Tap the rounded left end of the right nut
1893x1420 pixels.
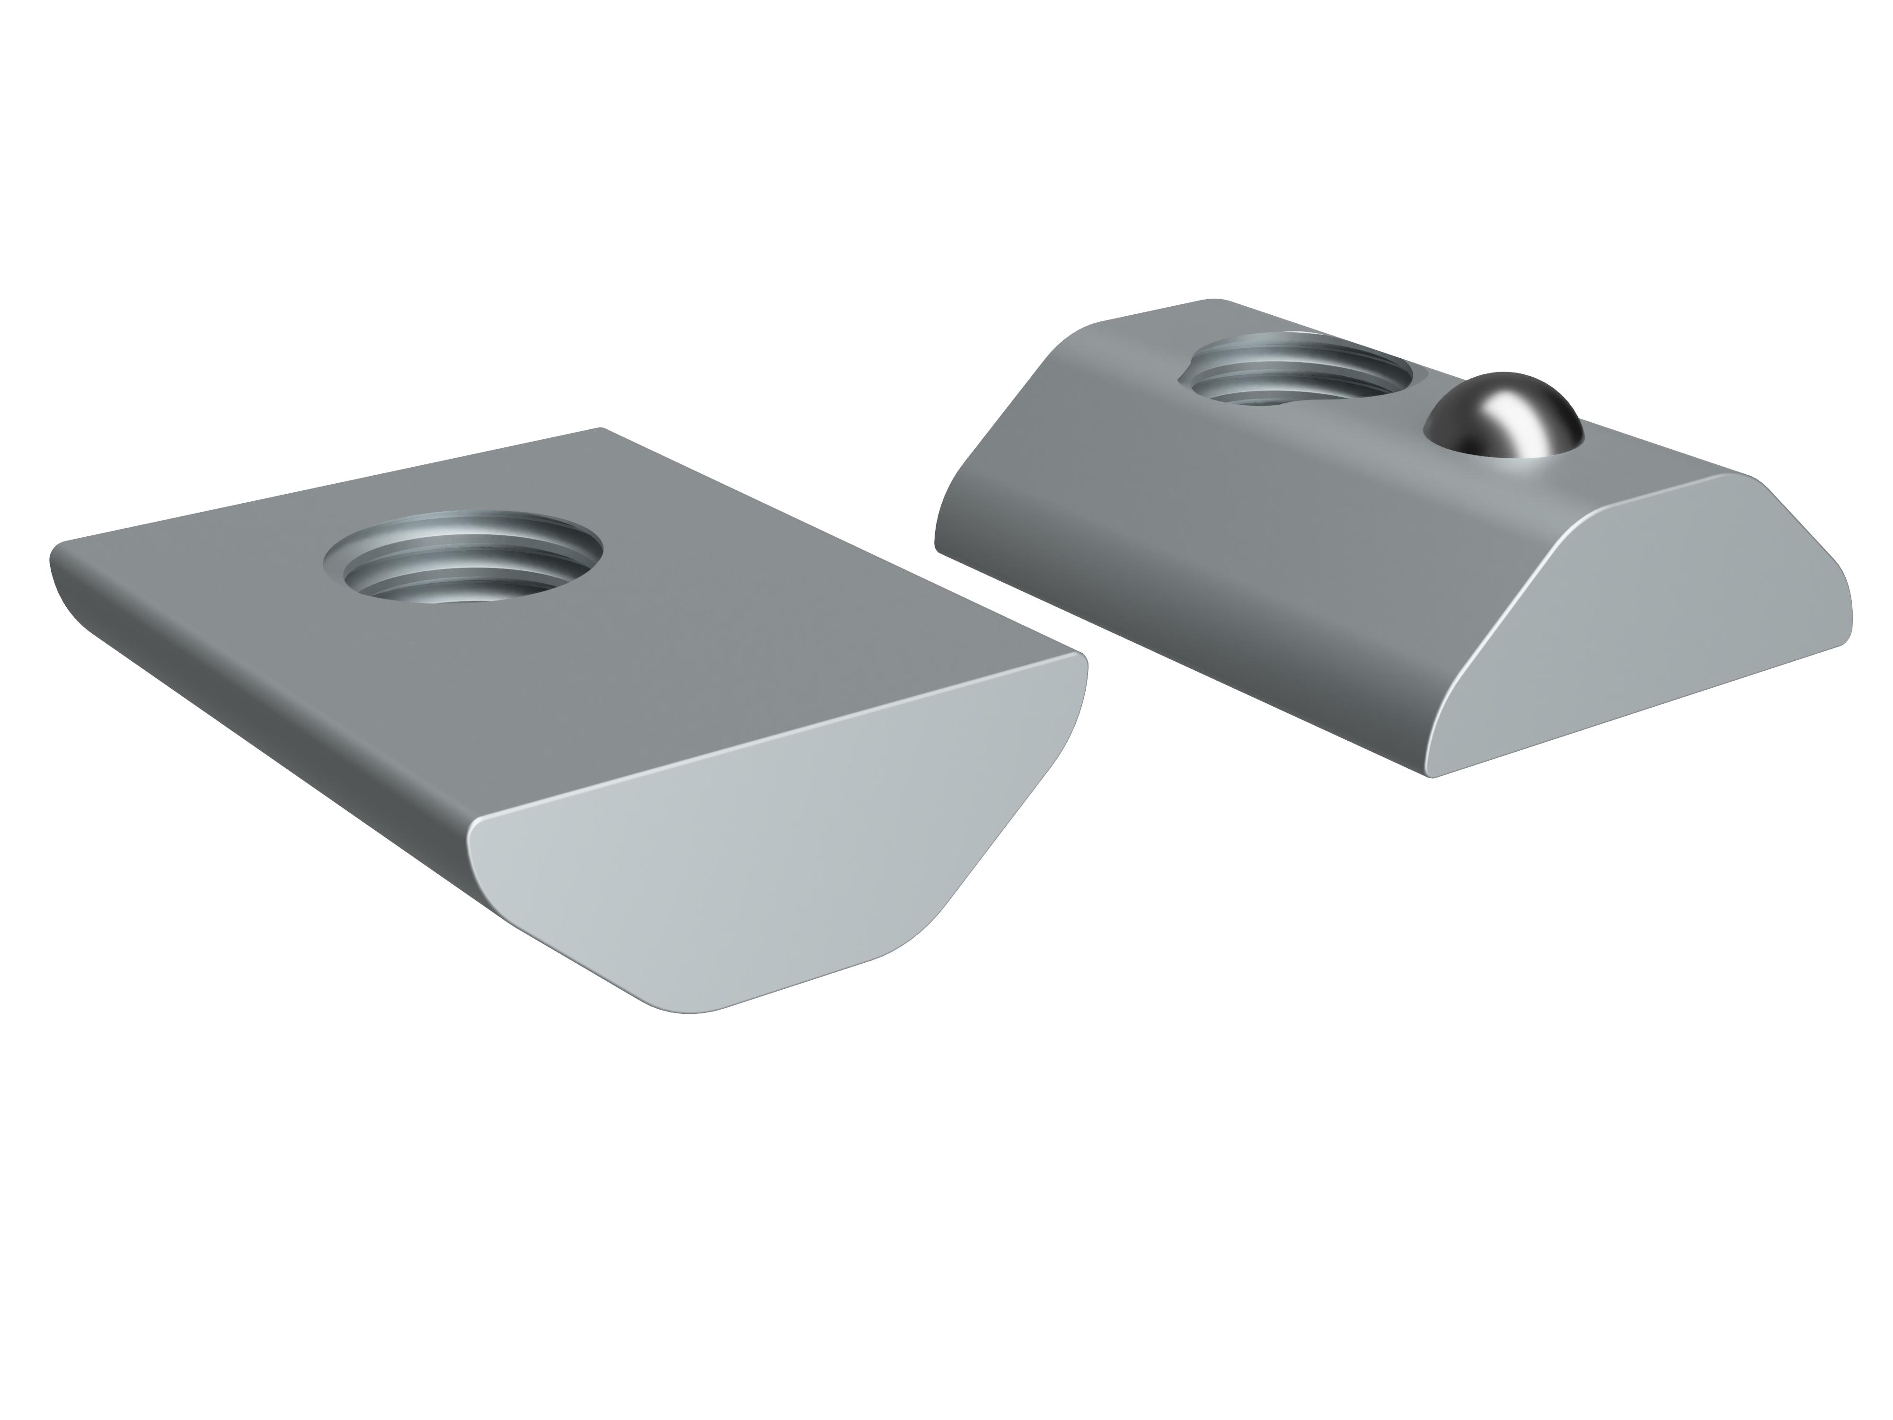[946, 514]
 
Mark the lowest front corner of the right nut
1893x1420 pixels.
[1433, 775]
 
